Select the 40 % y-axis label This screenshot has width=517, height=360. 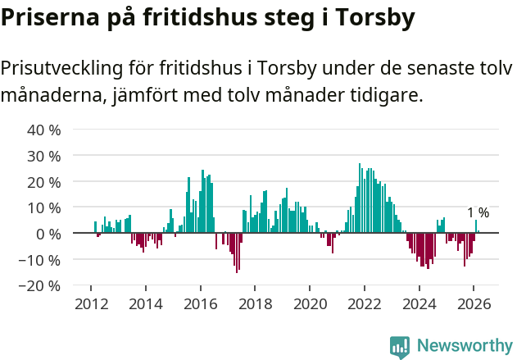(44, 130)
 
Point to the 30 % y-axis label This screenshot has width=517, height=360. (44, 156)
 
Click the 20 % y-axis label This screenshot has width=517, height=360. (44, 182)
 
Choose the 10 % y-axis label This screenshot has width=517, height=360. (44, 208)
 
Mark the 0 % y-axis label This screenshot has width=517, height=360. (48, 234)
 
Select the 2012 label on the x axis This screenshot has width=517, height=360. (91, 303)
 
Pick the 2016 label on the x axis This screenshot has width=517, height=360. (200, 303)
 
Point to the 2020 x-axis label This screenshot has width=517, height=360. (310, 303)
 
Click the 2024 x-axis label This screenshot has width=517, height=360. (419, 303)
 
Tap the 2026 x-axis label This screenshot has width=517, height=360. (474, 303)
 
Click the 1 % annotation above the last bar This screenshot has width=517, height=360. (478, 213)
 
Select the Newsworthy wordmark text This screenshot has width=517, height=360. (464, 346)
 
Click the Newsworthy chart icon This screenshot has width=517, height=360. (400, 347)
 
